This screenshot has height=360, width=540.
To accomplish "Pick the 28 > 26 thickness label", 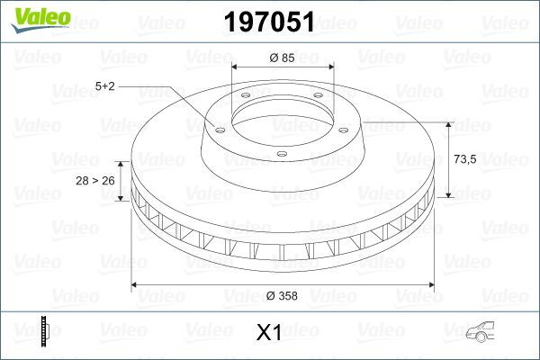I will (x=94, y=181).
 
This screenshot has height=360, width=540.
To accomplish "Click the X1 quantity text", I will (x=269, y=333).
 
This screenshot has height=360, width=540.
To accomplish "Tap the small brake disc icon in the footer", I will (x=43, y=331).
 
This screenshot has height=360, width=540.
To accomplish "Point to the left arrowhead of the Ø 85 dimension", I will (x=236, y=67).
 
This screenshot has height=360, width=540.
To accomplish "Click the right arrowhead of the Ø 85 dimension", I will (x=331, y=67).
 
